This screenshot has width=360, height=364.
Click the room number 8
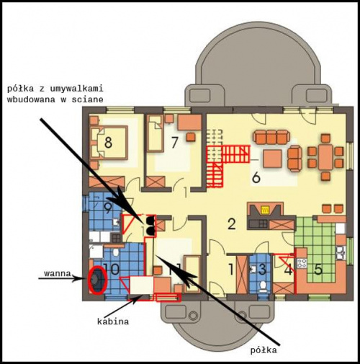(108, 142)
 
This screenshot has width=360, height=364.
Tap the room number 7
(174, 142)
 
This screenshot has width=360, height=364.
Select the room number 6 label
(256, 178)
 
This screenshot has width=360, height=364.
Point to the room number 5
(318, 270)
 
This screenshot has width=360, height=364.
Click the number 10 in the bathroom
(112, 269)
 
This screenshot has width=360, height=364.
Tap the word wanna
(58, 274)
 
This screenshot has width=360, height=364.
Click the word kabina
(113, 321)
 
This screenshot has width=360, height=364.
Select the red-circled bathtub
(97, 280)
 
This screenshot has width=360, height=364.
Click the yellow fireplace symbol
(266, 210)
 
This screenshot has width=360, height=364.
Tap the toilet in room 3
(263, 286)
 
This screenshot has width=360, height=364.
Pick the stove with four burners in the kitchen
(302, 263)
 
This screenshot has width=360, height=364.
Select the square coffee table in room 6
(273, 159)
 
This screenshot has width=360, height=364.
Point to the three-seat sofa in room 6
(271, 137)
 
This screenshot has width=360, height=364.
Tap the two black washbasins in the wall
(150, 225)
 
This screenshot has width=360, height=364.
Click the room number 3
(262, 270)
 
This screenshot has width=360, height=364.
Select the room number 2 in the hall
(231, 224)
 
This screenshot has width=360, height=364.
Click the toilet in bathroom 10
(116, 253)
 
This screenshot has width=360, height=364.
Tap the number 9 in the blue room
(108, 208)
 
